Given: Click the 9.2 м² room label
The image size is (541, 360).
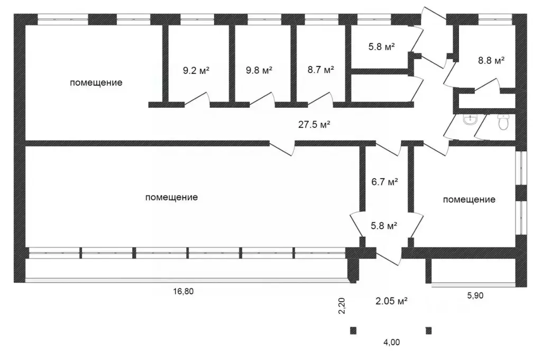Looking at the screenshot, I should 196,70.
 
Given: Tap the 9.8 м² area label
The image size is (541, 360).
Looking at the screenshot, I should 259,70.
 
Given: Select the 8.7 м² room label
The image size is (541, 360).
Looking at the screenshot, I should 320,70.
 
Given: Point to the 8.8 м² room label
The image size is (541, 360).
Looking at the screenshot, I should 491,60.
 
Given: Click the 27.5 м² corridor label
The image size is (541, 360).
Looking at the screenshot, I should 314,125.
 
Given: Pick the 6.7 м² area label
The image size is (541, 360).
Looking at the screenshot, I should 385,182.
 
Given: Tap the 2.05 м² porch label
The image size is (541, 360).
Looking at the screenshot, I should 391,302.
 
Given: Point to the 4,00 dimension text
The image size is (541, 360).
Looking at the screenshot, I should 391,343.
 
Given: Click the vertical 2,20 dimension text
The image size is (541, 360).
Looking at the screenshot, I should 342,306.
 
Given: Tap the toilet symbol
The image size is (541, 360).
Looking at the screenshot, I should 503,123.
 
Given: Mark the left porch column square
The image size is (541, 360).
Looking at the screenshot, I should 353,331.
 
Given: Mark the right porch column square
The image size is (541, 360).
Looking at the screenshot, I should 428,331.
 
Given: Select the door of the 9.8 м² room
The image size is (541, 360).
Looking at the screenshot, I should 263,99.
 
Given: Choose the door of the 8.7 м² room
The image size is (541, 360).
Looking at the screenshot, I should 321,99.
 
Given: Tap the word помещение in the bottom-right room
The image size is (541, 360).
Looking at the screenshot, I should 469,200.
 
